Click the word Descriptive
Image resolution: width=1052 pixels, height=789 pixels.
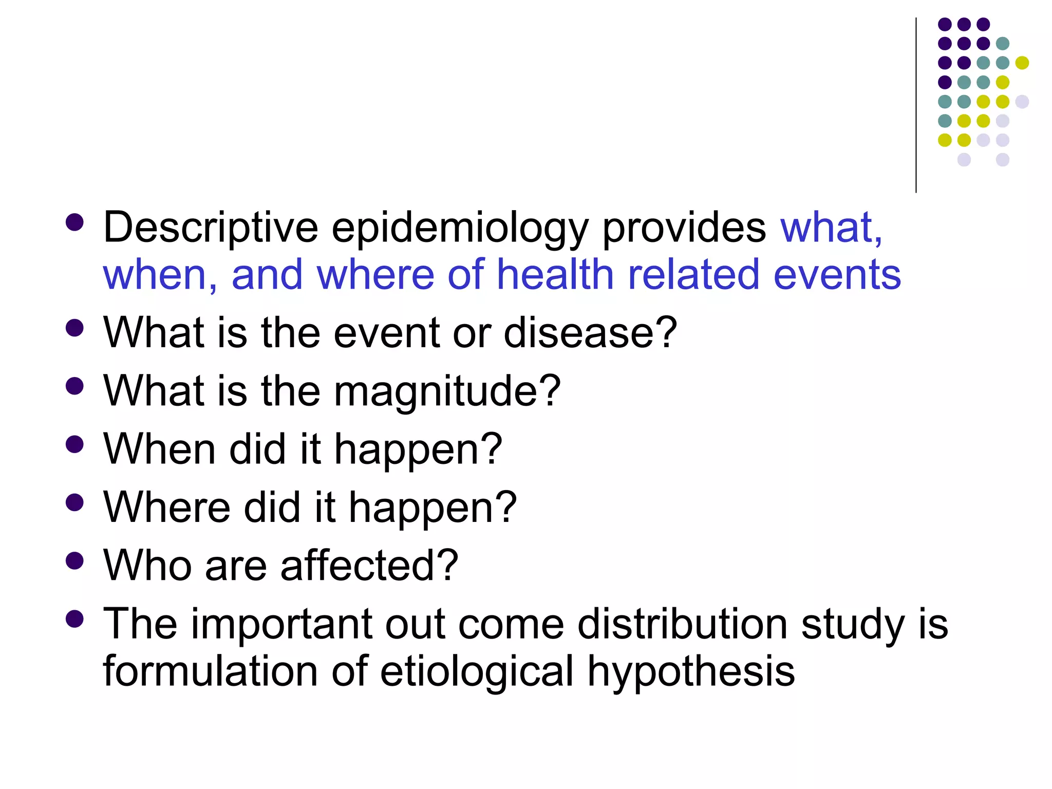click(211, 228)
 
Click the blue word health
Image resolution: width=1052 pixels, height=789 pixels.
click(555, 274)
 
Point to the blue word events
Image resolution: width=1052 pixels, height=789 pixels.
click(837, 275)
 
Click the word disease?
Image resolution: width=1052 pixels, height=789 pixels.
click(590, 333)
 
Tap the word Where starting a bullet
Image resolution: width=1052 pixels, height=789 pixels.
click(166, 508)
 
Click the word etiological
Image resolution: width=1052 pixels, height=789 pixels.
click(476, 671)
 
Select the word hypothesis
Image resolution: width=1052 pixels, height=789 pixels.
click(691, 672)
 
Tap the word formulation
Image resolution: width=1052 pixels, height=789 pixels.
click(211, 671)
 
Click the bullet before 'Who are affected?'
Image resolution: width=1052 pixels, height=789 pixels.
click(75, 561)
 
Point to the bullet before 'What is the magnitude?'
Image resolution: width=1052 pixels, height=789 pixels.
click(75, 386)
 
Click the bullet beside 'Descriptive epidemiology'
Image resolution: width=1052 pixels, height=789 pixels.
click(75, 222)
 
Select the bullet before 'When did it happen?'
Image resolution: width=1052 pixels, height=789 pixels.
click(75, 444)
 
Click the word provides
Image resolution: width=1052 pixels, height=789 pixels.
click(684, 228)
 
